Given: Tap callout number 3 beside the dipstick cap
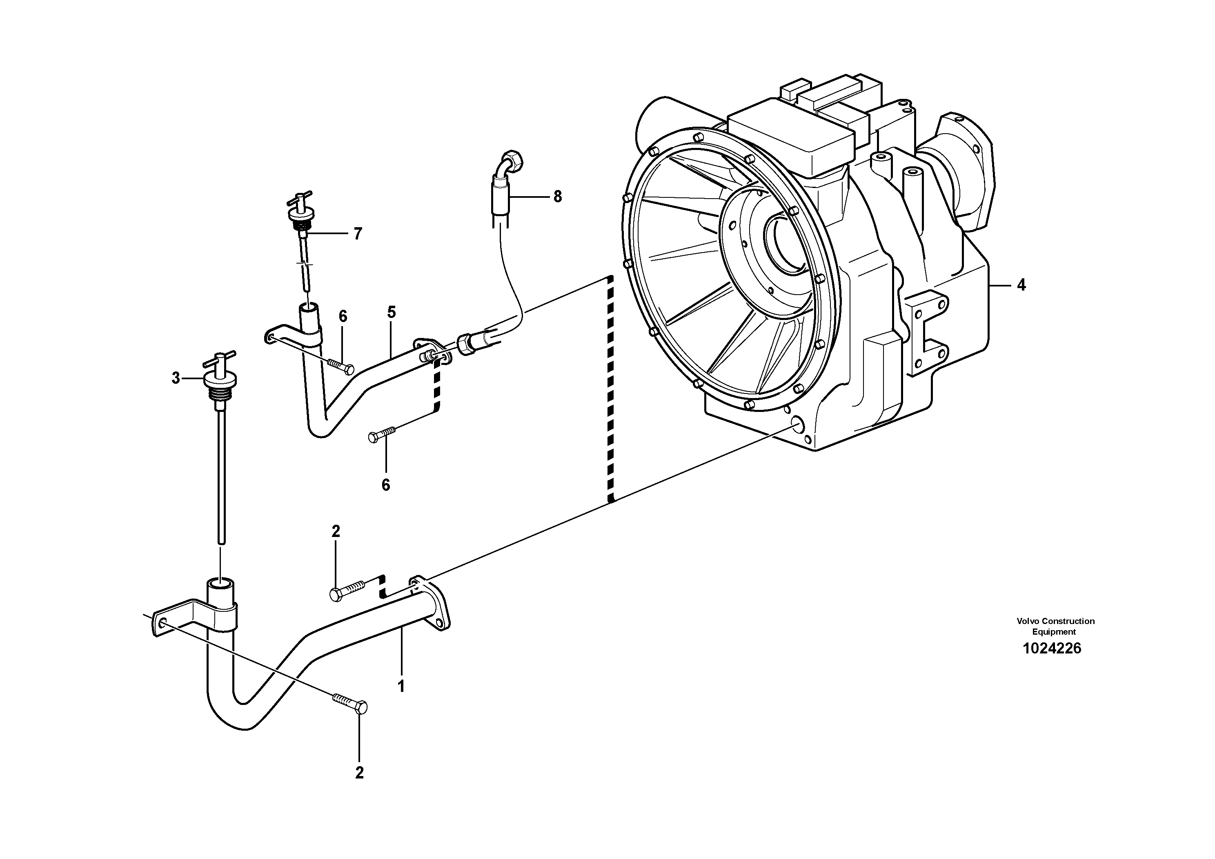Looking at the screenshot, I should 176,378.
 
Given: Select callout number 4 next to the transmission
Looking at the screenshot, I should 1021,286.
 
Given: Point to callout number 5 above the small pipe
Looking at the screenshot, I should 391,312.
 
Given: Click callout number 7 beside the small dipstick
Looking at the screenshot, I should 358,234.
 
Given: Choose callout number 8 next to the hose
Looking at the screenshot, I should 557,197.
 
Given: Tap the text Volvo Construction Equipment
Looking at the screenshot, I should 1055,626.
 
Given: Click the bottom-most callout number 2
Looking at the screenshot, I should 359,773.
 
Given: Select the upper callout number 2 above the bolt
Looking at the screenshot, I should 336,531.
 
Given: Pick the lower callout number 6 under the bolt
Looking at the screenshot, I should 386,485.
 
